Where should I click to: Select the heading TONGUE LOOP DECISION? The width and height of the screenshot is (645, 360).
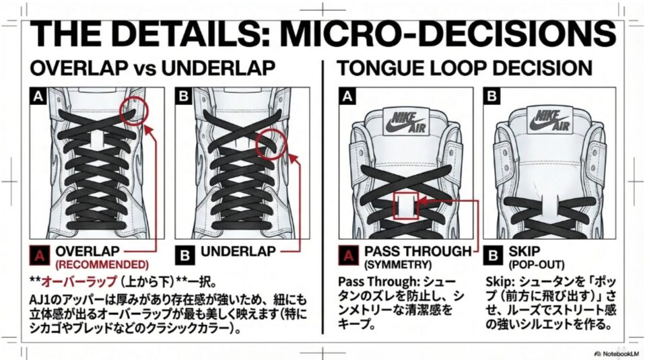coord(465,68)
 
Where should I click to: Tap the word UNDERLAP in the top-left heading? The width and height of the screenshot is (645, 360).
coord(218,68)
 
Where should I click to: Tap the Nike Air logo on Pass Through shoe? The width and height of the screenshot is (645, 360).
coord(406,121)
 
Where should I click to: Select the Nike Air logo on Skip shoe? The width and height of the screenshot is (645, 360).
coord(550,120)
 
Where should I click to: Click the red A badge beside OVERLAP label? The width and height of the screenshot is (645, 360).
coord(40,255)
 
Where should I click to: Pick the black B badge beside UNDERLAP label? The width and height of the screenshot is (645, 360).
coord(184,255)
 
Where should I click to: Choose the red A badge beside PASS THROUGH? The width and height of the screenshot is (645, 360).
coord(348,255)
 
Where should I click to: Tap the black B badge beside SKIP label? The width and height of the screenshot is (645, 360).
coord(493,255)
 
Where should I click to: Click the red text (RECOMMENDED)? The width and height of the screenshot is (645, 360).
coord(102,264)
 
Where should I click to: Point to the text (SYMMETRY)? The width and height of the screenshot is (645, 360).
coord(398,264)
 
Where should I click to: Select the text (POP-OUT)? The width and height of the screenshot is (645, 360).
coord(537,264)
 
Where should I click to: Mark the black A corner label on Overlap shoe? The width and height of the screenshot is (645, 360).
coord(38,96)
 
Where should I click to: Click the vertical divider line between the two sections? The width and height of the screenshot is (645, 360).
coord(323,196)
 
